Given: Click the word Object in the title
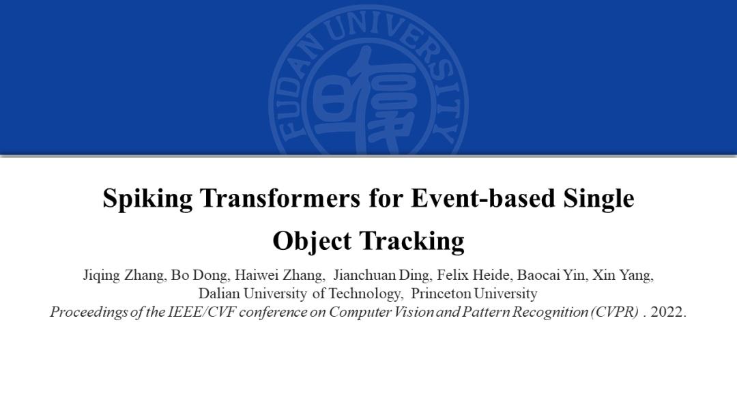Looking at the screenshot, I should tap(311, 241).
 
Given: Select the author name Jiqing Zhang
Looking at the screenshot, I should tap(124, 275).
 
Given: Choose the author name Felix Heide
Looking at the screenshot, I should tap(474, 275).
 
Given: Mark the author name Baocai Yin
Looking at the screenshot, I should tap(551, 275).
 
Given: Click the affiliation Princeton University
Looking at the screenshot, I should tap(474, 294).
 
